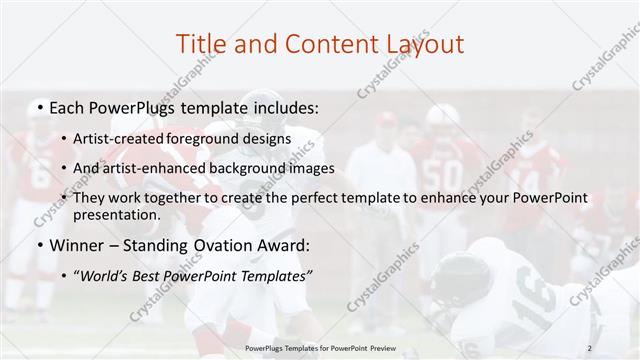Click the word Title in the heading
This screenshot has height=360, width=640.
click(199, 44)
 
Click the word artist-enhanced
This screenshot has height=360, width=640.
click(166, 168)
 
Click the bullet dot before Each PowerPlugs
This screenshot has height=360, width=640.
click(38, 106)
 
